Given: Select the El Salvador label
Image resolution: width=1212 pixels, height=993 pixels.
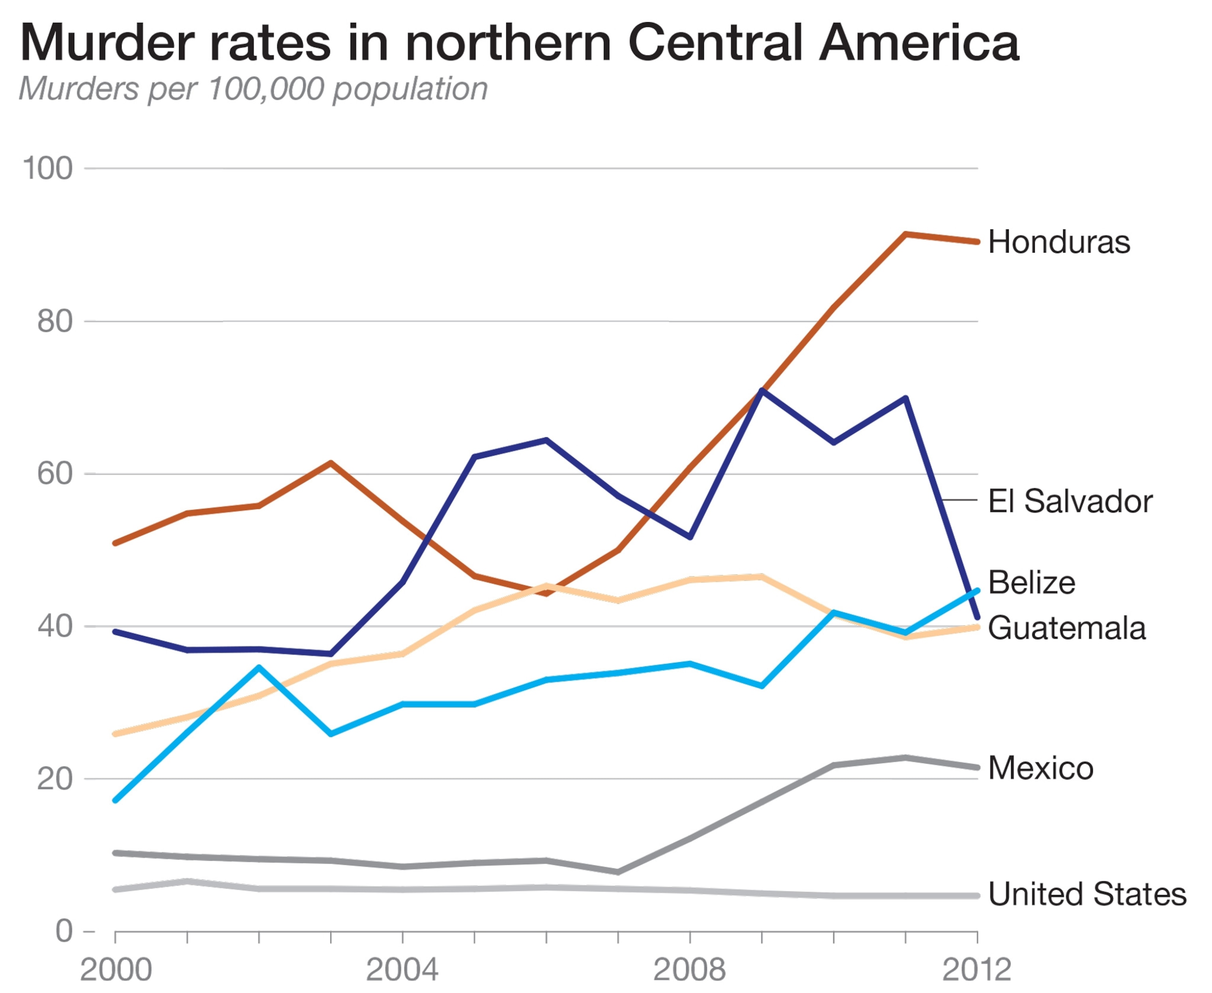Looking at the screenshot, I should [x=1070, y=501].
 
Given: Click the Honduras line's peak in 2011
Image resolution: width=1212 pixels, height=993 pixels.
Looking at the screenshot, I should [x=905, y=234].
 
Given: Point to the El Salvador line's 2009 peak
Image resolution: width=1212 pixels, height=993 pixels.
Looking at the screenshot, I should [x=761, y=391].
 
